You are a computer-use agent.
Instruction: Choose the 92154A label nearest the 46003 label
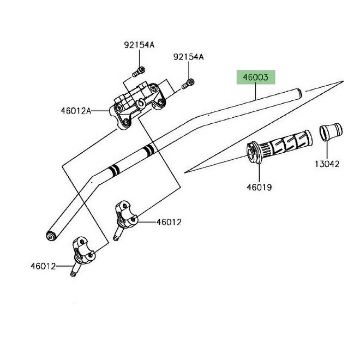[x=188, y=57]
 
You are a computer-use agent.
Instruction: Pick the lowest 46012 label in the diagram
[x=43, y=266]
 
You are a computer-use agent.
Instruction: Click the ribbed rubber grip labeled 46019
[x=284, y=146]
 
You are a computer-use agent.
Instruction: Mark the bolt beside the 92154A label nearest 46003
[x=188, y=83]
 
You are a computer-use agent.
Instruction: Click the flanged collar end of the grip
[x=253, y=152]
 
